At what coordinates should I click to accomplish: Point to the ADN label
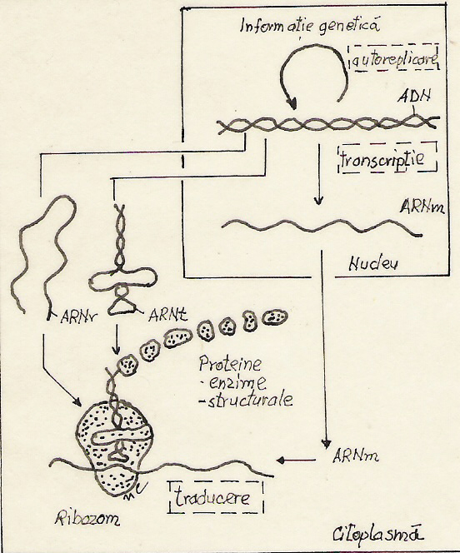pos(415,96)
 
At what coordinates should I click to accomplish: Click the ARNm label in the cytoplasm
pos(356,456)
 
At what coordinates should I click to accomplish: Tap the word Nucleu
pos(373,264)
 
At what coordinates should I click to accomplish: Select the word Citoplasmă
pos(377,535)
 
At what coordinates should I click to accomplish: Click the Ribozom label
pos(87,518)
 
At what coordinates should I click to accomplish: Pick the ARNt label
pos(167,315)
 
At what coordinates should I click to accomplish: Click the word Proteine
pos(230,364)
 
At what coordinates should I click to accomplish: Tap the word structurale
pos(246,401)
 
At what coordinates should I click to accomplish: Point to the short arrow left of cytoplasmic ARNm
pos(296,461)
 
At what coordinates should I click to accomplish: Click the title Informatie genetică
pos(310,26)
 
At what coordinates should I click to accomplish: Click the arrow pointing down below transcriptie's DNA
pos(319,174)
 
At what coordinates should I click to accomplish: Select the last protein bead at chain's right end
pos(275,317)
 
